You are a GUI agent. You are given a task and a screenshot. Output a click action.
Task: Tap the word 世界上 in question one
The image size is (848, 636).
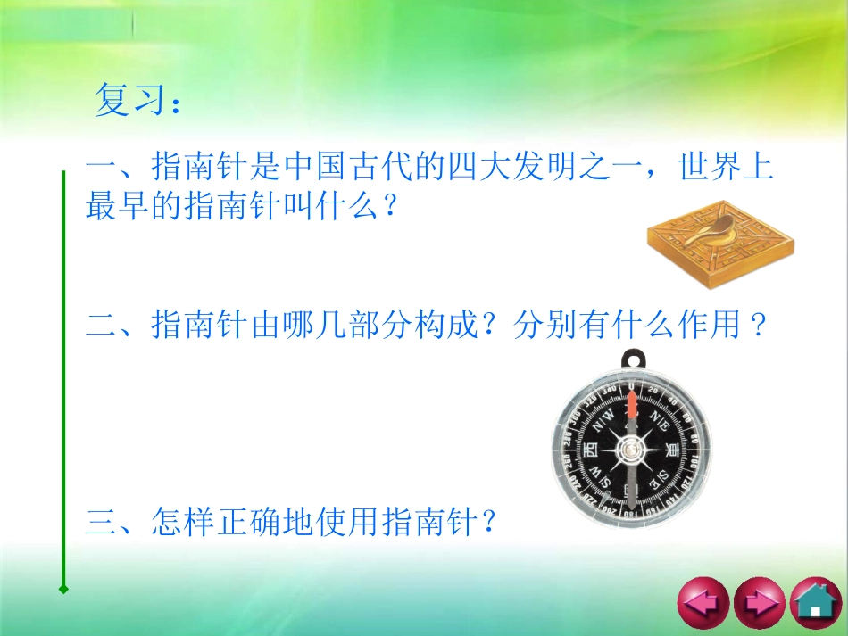pyautogui.click(x=726, y=167)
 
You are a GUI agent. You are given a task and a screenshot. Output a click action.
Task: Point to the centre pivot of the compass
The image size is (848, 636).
pyautogui.click(x=632, y=451)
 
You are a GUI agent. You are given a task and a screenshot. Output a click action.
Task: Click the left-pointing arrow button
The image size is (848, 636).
pyautogui.click(x=703, y=604)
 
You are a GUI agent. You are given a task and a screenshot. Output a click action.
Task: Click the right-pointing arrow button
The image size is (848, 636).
pyautogui.click(x=759, y=604)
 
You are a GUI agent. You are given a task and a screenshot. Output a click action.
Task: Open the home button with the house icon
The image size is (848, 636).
pyautogui.click(x=815, y=604)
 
